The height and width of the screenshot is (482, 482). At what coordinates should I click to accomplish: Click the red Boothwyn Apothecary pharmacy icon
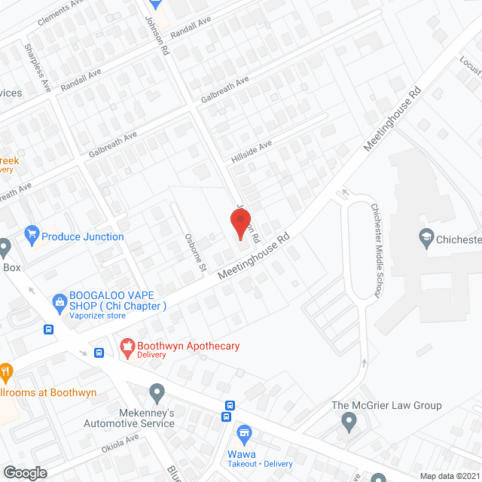coord(127,347)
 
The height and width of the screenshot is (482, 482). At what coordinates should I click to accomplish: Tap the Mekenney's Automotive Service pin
coord(157,392)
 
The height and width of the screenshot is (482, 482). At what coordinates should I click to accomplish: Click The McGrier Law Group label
coord(387,405)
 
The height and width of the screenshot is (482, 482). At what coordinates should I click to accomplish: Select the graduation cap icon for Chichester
coord(426,239)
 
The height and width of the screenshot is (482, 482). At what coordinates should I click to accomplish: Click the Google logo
coord(25,472)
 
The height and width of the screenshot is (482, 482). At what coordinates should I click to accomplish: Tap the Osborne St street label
coord(195,252)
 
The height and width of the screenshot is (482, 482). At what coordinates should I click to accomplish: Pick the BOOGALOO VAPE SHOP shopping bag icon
coord(59,301)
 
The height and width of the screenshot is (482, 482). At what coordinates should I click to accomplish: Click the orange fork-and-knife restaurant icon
coord(6,371)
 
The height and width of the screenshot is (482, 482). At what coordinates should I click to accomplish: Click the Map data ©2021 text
coord(449,475)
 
